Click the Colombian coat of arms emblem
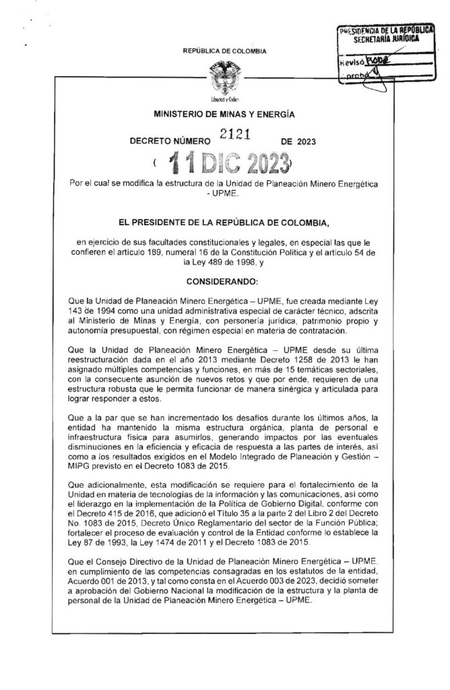point(225,80)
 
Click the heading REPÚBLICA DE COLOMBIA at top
point(224,51)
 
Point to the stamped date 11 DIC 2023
point(225,163)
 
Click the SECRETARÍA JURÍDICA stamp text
point(386,40)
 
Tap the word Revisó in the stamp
point(351,61)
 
